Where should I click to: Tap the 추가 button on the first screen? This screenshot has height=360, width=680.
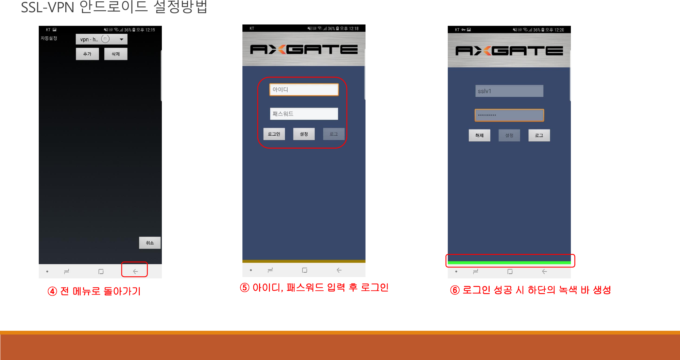pos(87,54)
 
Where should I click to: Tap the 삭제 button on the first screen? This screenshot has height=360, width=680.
pos(116,54)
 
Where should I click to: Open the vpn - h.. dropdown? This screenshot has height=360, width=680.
pos(101,39)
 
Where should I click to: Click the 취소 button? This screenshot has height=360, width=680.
pos(150,243)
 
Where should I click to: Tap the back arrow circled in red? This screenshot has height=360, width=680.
pos(135,271)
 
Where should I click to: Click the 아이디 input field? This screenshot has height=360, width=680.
pos(304,90)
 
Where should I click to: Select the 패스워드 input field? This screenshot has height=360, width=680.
pos(304,114)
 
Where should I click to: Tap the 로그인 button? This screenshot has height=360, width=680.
pos(274,134)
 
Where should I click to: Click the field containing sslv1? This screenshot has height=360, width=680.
pos(509,91)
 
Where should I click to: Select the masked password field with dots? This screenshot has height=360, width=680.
pos(509,115)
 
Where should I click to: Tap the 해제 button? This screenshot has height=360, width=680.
pos(479,135)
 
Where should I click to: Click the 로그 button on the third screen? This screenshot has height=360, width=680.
pos(539,135)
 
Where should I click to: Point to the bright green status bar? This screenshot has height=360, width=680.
pos(509,262)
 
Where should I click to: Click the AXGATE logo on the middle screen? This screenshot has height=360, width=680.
pos(304,50)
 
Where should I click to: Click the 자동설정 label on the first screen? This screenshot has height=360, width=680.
pos(49,38)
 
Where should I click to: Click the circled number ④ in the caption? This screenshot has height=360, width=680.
pos(52,291)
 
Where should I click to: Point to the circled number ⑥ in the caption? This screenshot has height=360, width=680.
pos(455,290)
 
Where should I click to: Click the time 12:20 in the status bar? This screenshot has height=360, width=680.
pos(559,30)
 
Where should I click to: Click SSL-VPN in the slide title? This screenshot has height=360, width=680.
pos(48,7)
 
